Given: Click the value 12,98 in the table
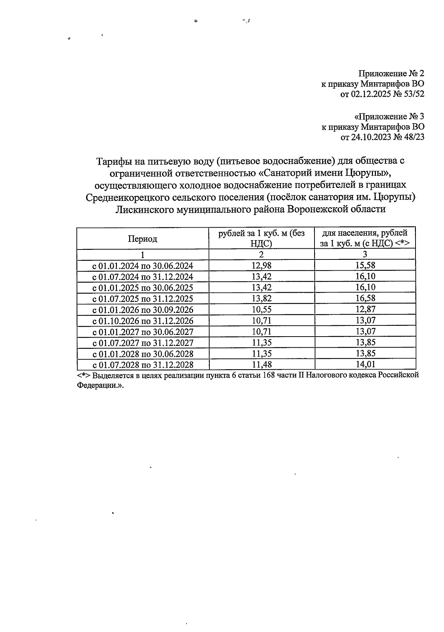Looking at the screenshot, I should [x=261, y=265].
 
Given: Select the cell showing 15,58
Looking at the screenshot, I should [x=365, y=265].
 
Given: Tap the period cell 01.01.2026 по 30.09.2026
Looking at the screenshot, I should [x=142, y=310].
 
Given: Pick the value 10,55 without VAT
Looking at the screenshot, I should [x=261, y=310].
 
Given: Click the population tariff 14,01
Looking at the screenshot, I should [x=365, y=364].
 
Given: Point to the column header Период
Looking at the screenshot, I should [x=142, y=239].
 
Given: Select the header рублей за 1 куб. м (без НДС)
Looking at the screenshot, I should [x=261, y=238].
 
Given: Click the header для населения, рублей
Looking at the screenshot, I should [x=365, y=233].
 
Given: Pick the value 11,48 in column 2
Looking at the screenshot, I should [x=261, y=364].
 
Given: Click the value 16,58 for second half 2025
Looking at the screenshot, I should [x=365, y=298].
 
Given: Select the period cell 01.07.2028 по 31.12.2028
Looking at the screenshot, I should [x=142, y=365].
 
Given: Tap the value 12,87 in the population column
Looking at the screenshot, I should [x=365, y=310].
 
